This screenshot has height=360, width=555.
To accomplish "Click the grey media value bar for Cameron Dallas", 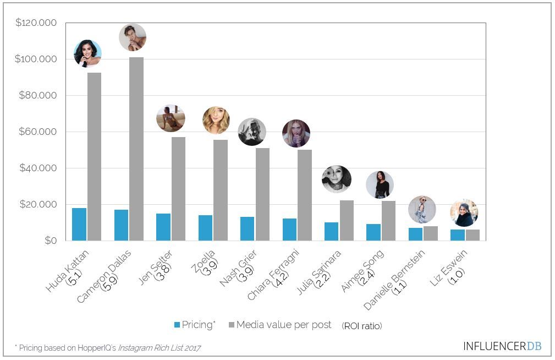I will (x=136, y=149).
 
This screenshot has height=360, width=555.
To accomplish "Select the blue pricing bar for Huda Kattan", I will (x=79, y=224).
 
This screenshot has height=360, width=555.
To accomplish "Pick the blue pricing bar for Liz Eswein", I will (x=458, y=235).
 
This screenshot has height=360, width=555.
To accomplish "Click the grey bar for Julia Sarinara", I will (x=347, y=220).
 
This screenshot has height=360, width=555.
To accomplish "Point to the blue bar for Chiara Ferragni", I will (x=289, y=230).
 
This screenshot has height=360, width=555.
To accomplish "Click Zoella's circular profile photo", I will (x=216, y=121).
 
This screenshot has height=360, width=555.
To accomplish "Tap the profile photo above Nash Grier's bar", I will (x=252, y=132).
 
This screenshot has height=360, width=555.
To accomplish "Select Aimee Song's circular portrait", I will (x=380, y=185).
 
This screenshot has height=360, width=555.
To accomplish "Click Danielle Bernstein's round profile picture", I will (x=422, y=210).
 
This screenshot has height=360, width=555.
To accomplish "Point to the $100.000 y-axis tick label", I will (x=36, y=59).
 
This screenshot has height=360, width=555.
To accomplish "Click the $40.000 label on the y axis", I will (x=38, y=168).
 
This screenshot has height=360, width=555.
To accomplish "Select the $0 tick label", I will (x=51, y=241).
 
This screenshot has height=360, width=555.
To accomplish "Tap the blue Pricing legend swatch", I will (x=177, y=325).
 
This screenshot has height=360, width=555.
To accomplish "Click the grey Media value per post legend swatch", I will (x=231, y=325).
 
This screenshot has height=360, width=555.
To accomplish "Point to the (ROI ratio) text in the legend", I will (x=361, y=326).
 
